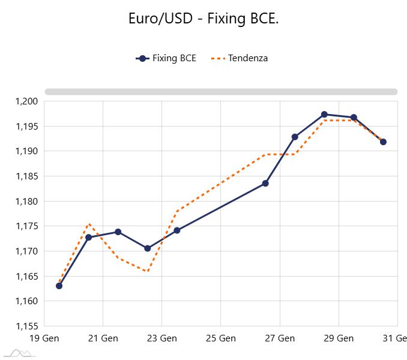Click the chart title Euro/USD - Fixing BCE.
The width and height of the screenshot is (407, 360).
point(203,19)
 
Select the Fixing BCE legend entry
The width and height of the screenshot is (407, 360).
point(166,58)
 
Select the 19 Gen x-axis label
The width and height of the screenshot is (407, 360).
point(43,338)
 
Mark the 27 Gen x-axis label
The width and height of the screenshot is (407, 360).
point(279,338)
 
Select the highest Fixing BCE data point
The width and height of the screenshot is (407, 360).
point(324,114)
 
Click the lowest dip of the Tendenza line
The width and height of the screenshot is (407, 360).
point(148,271)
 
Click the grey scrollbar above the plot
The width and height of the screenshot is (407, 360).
point(221,92)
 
